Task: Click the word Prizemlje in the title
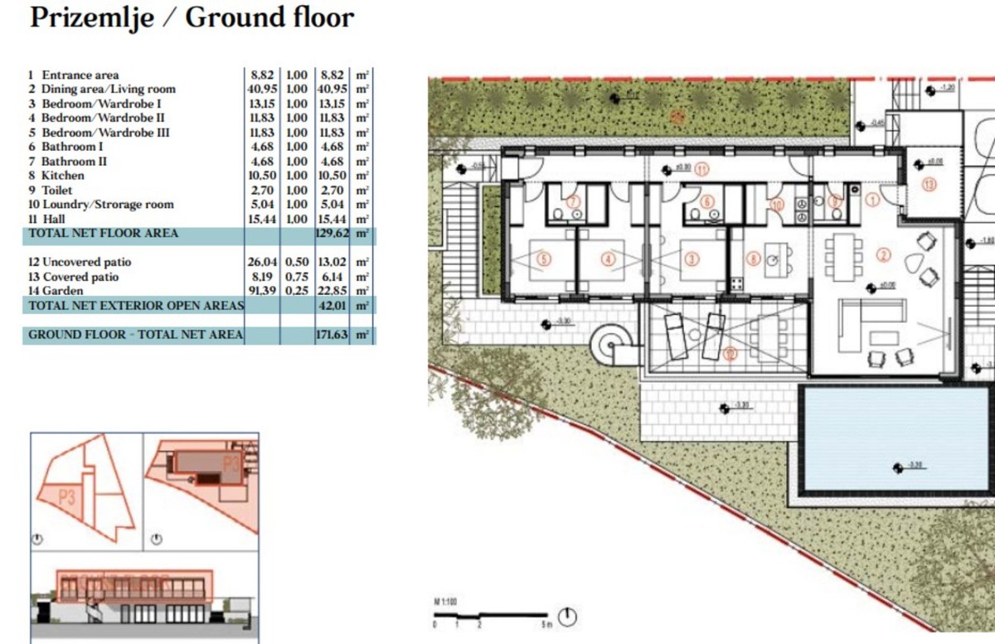[x=91, y=17]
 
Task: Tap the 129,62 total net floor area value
[x=330, y=235]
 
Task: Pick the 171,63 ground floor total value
[x=330, y=335]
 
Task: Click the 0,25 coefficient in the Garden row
[x=297, y=291]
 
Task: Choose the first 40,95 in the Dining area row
[x=262, y=89]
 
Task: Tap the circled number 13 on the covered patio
[x=929, y=184]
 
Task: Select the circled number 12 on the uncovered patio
[x=730, y=354]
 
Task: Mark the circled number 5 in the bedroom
[x=544, y=259]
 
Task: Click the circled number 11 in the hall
[x=702, y=170]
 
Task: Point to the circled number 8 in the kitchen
[x=753, y=259]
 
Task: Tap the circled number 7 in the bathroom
[x=572, y=201]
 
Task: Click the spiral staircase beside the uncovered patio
[x=614, y=341]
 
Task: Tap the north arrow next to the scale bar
[x=568, y=617]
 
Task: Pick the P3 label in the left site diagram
[x=70, y=497]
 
